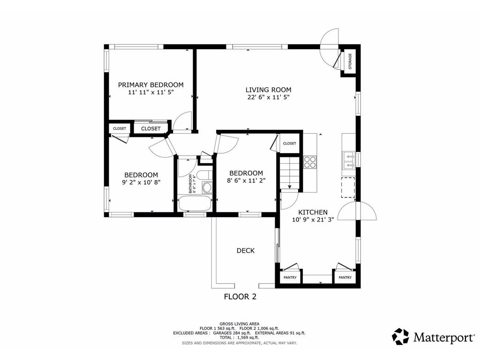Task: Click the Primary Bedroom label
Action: pos(150,85)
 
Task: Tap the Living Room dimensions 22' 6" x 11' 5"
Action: pos(269,97)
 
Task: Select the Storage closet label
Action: pos(350,61)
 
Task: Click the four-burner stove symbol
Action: pos(310,162)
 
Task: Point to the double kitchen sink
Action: pos(348,160)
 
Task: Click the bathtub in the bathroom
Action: pos(195,203)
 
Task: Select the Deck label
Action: pos(246,251)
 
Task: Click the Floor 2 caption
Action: pos(240,297)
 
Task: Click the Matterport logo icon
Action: pos(400,337)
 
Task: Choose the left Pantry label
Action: pos(290,277)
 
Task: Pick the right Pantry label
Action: pos(345,277)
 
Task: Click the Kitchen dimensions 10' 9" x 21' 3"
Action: pos(313,219)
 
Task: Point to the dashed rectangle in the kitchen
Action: pos(348,187)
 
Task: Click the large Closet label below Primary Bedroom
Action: pos(150,128)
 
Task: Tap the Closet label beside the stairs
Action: pos(290,143)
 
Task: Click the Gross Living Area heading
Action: pos(240,324)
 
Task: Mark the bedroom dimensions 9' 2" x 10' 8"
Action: pos(141,182)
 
